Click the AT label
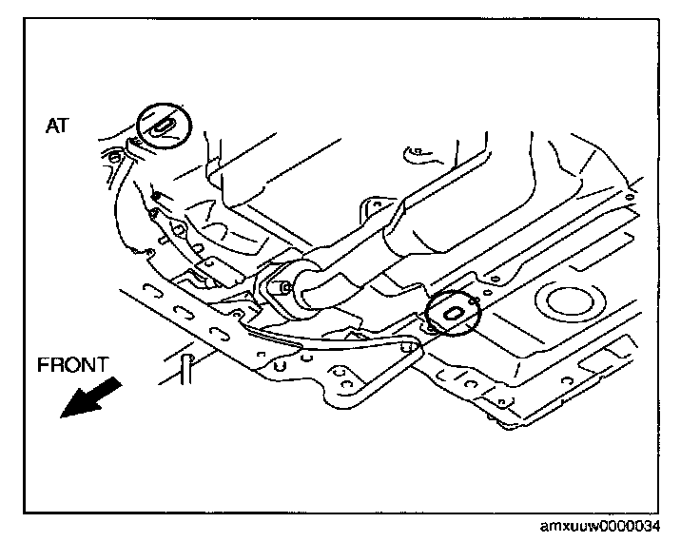pyautogui.click(x=56, y=126)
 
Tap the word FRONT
pyautogui.click(x=73, y=363)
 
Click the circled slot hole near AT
pyautogui.click(x=163, y=126)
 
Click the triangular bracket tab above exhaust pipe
pyautogui.click(x=379, y=204)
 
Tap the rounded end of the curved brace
pyautogui.click(x=410, y=346)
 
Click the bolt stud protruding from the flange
pyautogui.click(x=282, y=286)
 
